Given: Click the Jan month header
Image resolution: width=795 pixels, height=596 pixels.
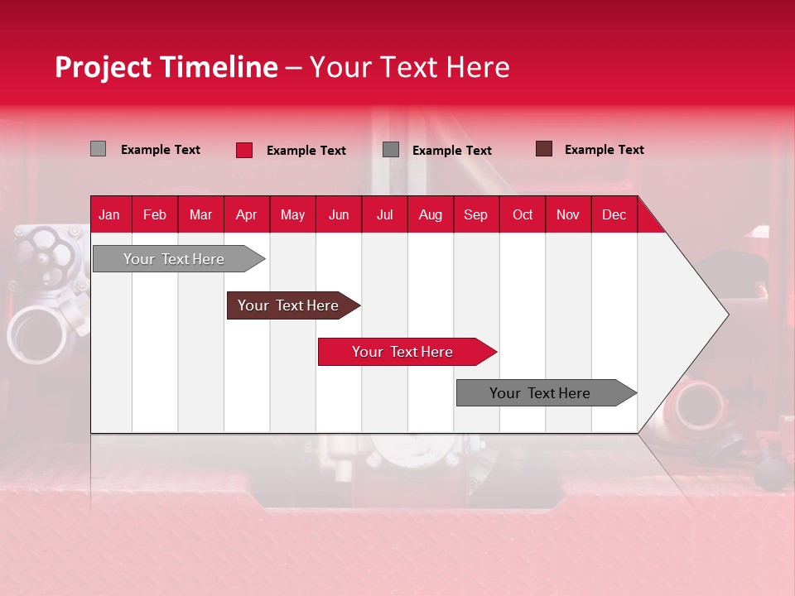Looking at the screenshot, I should pos(109,214).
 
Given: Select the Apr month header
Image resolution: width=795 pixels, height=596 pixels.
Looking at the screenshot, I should pos(246,214).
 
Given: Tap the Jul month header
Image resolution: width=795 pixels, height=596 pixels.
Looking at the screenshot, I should pos(384,214).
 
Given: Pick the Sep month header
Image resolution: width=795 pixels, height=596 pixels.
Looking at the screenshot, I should pos(475,214).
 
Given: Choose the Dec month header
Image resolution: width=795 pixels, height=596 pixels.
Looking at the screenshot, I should pos(614,214).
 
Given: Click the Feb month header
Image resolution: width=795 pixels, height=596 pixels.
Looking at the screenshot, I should pos(155,214).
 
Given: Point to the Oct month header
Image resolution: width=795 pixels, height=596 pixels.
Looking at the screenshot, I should pos(522,214).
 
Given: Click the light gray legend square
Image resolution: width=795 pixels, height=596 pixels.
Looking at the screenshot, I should pos(99,149).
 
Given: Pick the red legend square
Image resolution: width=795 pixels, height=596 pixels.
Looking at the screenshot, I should pos(244,150).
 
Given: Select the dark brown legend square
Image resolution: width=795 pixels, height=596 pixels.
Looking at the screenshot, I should pos(544,149).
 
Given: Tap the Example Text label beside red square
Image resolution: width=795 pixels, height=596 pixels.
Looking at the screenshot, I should pos(306,151).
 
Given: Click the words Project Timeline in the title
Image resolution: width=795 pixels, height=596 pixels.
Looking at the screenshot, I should pos(166,67).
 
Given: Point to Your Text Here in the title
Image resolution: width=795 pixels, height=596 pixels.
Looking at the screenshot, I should pos(409,67).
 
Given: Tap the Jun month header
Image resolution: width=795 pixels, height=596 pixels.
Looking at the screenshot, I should pos(339,214).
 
